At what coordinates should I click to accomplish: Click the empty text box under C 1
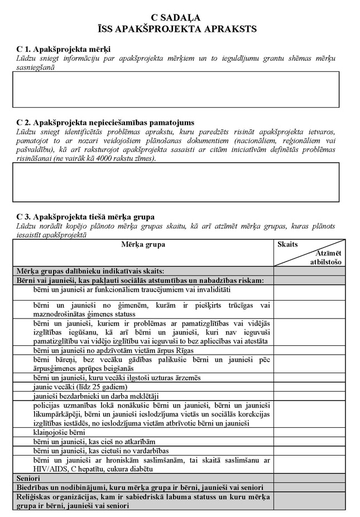[x=176, y=89]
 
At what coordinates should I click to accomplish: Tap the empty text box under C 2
[x=176, y=182]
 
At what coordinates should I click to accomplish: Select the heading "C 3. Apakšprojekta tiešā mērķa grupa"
[x=85, y=216]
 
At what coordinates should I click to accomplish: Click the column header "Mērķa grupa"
[x=143, y=244]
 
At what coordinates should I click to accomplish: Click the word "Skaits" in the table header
[x=288, y=244]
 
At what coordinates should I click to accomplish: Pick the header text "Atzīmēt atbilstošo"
[x=327, y=258]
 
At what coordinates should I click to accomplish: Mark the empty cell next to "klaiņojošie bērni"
[x=309, y=432]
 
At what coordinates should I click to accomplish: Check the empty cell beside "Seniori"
[x=309, y=478]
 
